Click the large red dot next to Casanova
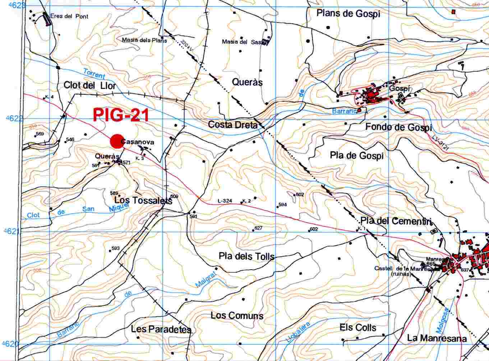pos(116,141)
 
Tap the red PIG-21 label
pos(121,115)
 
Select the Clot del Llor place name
pos(90,86)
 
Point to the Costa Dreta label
pos(232,125)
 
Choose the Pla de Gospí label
pos(356,155)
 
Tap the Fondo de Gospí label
pos(398,127)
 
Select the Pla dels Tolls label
pos(246,256)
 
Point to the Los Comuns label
pos(237,316)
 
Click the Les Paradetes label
pos(161,329)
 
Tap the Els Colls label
pos(358,328)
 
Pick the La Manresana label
pos(437,338)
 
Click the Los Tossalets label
pos(143,200)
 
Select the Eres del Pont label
pos(69,16)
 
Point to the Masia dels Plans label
pos(144,40)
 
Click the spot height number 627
pos(258,228)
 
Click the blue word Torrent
pos(94,74)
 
